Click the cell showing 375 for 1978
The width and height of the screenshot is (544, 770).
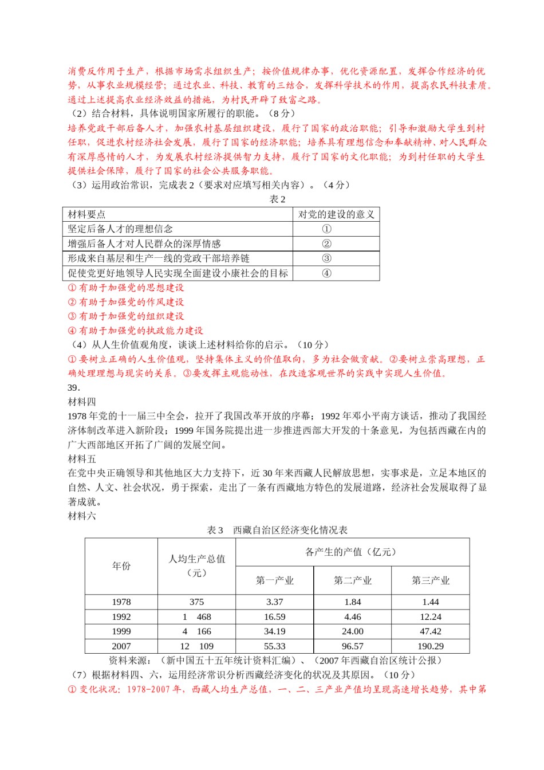196,602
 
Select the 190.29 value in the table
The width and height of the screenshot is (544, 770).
431,646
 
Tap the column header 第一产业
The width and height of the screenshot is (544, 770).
275,580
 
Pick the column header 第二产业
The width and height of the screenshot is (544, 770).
353,580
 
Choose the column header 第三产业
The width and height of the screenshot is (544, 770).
431,580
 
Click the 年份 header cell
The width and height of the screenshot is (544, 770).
121,566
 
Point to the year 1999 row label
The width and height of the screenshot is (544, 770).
121,631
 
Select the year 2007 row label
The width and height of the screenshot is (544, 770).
121,646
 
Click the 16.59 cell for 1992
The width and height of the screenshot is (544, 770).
275,617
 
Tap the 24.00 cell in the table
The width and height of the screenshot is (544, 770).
353,631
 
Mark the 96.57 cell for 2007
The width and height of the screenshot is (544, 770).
353,646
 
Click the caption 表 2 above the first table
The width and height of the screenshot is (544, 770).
278,199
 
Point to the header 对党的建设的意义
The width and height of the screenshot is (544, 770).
336,214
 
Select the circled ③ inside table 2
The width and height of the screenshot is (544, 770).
326,258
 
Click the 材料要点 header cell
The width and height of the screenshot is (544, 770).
86,214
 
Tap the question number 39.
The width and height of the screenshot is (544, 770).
74,387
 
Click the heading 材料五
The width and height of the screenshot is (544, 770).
82,459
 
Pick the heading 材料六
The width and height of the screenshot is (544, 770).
82,516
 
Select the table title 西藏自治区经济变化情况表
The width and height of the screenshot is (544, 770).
290,531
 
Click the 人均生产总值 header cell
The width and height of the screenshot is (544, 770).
196,565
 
